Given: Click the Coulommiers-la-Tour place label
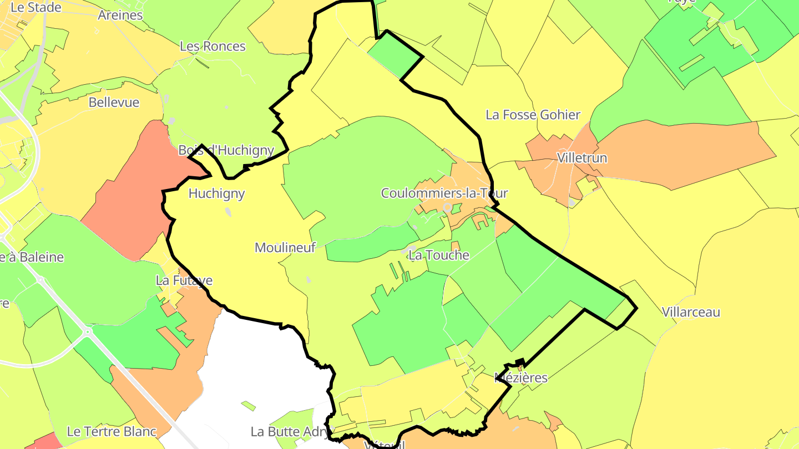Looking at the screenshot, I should pyautogui.click(x=444, y=193).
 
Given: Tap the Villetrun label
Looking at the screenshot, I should pyautogui.click(x=581, y=158).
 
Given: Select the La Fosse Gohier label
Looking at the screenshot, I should pyautogui.click(x=533, y=115).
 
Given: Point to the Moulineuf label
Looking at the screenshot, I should pyautogui.click(x=285, y=248).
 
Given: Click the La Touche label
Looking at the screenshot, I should pyautogui.click(x=438, y=256).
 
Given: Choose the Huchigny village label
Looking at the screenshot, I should pyautogui.click(x=216, y=193).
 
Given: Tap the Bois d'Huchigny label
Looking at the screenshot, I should pyautogui.click(x=226, y=150).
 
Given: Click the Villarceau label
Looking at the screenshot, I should pyautogui.click(x=691, y=312).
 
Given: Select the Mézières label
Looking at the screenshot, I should pyautogui.click(x=520, y=378).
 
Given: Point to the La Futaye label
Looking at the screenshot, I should pyautogui.click(x=184, y=280).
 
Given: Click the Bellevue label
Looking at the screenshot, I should pyautogui.click(x=114, y=103).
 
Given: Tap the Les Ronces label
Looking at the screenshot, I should pyautogui.click(x=213, y=46).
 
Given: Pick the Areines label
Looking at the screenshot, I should pyautogui.click(x=120, y=15).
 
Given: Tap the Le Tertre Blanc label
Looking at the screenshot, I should pyautogui.click(x=112, y=431).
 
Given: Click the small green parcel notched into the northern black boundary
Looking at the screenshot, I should pyautogui.click(x=395, y=54).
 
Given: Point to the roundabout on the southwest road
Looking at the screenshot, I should pyautogui.click(x=87, y=333).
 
